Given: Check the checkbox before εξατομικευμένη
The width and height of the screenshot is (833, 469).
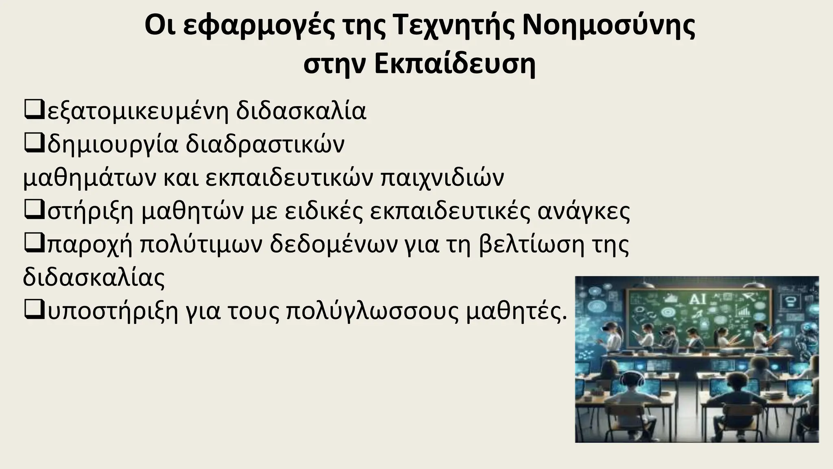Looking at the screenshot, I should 34,110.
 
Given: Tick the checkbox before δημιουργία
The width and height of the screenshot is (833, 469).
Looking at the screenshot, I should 34,143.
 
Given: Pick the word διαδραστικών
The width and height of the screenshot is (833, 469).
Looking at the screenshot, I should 265,144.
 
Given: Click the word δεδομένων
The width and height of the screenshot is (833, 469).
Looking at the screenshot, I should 334,245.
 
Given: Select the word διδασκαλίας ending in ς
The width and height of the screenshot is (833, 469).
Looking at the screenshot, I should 94,278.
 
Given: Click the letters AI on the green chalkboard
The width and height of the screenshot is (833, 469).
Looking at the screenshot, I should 698,300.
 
